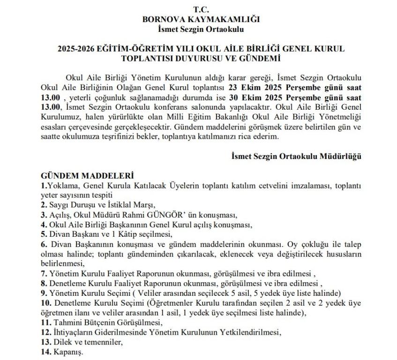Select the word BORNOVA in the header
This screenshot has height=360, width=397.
(161, 19)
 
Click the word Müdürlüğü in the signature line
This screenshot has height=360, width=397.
(341, 156)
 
